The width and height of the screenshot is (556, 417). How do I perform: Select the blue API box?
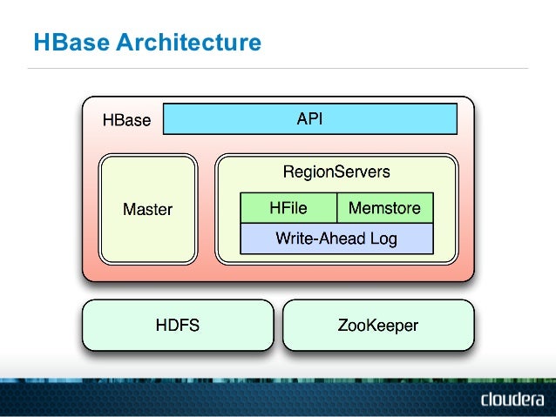click(310, 119)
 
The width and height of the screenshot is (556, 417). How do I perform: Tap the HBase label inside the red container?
click(126, 120)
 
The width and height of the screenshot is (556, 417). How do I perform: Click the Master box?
click(147, 209)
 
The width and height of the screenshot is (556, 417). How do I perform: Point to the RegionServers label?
click(336, 172)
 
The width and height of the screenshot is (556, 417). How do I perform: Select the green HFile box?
click(288, 208)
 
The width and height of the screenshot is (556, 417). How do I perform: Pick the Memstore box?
click(384, 208)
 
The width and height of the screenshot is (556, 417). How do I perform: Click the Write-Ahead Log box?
click(336, 238)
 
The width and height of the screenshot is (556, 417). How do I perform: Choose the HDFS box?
click(177, 326)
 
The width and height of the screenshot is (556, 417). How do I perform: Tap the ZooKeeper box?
click(377, 326)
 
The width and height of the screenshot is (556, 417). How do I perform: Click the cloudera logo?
click(512, 400)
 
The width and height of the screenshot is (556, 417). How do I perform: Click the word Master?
click(147, 209)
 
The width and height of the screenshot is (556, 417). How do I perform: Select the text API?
click(309, 119)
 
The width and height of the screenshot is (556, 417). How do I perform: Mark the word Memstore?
click(384, 208)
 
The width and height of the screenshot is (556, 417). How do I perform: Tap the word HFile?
click(288, 208)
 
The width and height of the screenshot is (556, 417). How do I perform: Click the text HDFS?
click(177, 326)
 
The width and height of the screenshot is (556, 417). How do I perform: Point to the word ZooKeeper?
click(377, 326)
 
